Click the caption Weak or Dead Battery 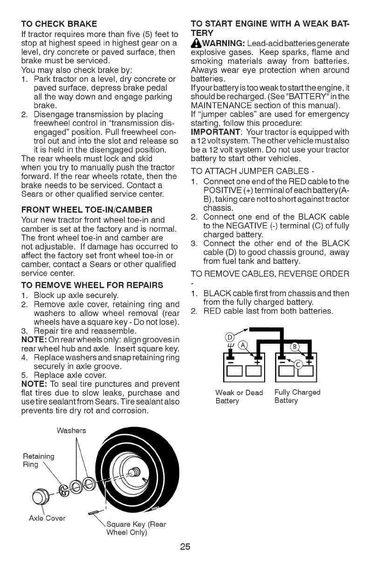click(235, 396)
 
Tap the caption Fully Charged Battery click(297, 396)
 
